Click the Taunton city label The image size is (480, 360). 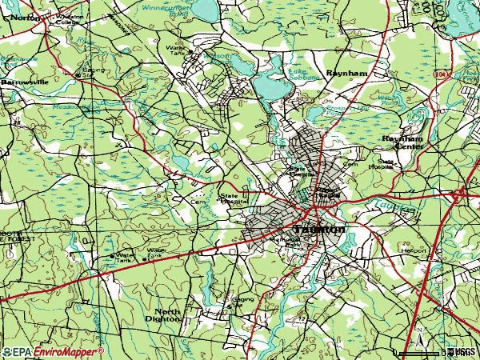coord(320,229)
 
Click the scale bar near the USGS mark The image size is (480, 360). coord(419,351)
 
